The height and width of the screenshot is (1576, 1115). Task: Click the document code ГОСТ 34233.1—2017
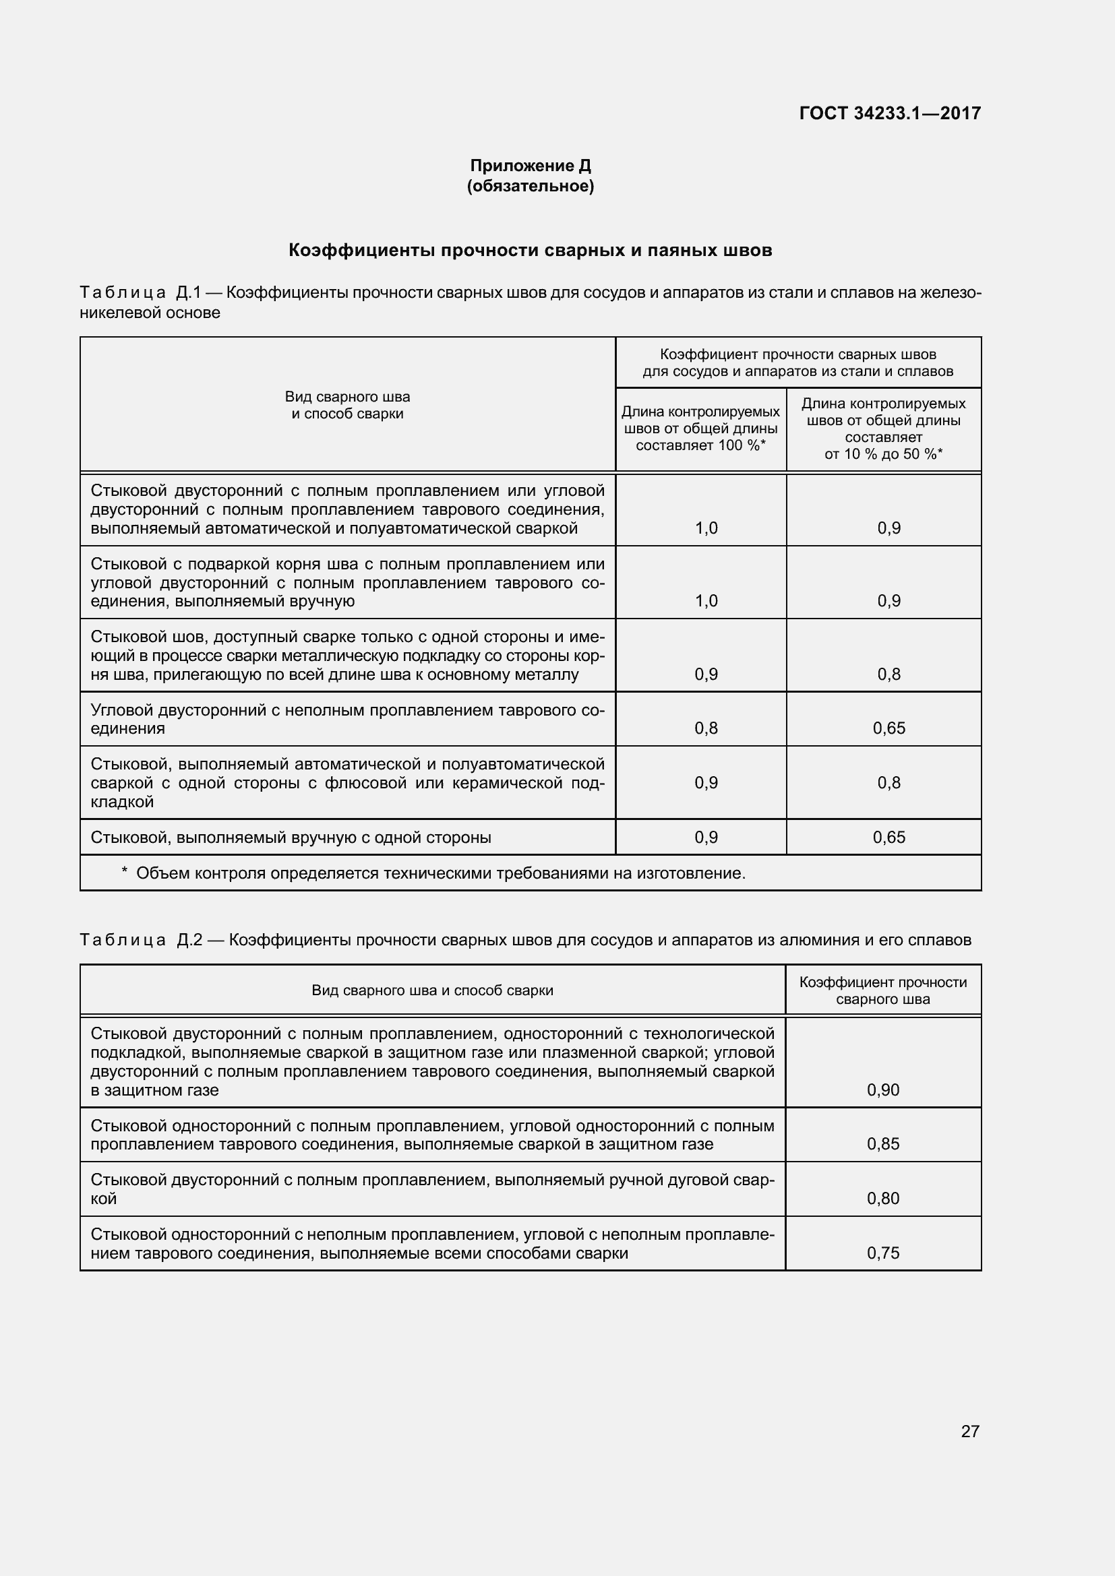click(x=890, y=113)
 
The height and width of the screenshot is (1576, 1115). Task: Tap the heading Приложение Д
click(x=530, y=166)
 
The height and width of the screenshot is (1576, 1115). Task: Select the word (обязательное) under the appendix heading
click(x=530, y=186)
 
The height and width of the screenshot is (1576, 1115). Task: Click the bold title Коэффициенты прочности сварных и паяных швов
click(x=530, y=251)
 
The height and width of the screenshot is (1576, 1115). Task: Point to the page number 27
click(x=969, y=1431)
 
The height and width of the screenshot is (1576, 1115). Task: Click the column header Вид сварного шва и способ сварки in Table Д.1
click(x=347, y=405)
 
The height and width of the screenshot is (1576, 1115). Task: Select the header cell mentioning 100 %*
click(x=700, y=429)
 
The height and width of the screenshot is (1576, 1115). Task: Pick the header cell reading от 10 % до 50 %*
click(x=883, y=429)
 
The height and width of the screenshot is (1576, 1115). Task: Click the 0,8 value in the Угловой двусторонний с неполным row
click(x=706, y=728)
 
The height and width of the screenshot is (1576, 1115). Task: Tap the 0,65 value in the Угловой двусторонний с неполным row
click(x=888, y=728)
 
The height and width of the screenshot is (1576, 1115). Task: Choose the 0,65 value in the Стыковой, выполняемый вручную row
click(x=888, y=837)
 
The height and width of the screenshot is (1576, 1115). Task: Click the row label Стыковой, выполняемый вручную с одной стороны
click(x=291, y=838)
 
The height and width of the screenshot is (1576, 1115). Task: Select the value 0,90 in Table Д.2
click(x=883, y=1090)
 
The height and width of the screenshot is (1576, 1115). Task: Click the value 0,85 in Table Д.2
click(x=883, y=1143)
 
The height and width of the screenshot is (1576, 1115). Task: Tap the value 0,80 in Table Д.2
click(x=883, y=1198)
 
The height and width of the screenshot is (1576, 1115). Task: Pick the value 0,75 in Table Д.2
click(x=883, y=1253)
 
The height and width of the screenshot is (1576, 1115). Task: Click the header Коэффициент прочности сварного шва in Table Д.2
click(x=883, y=990)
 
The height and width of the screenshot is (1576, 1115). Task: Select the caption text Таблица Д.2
click(x=141, y=940)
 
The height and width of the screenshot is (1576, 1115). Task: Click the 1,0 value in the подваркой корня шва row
click(x=706, y=600)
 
